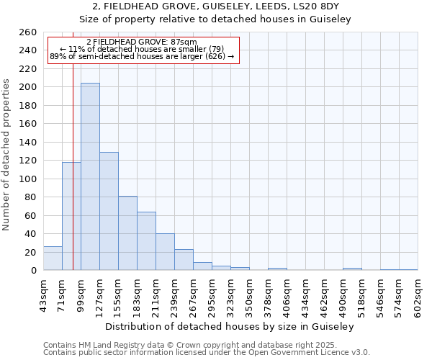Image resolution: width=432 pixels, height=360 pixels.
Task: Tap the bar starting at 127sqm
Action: pos(109,211)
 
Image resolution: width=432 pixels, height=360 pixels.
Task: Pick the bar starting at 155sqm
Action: pos(127,233)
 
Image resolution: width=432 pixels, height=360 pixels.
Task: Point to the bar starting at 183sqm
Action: pos(146,240)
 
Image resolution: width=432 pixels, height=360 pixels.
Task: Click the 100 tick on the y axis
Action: pos(27,179)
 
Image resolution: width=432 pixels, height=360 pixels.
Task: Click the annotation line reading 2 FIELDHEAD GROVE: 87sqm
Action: pos(141,42)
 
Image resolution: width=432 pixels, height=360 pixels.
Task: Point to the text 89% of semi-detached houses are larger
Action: pos(141,56)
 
